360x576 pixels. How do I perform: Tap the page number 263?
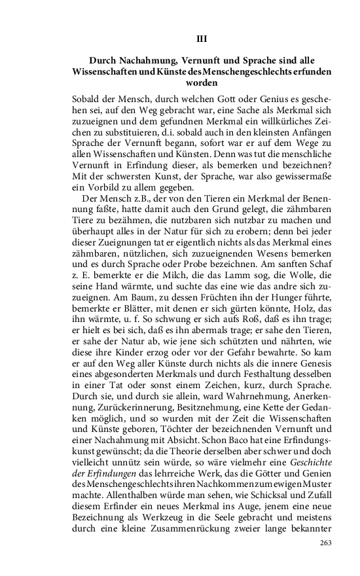pos(325,543)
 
